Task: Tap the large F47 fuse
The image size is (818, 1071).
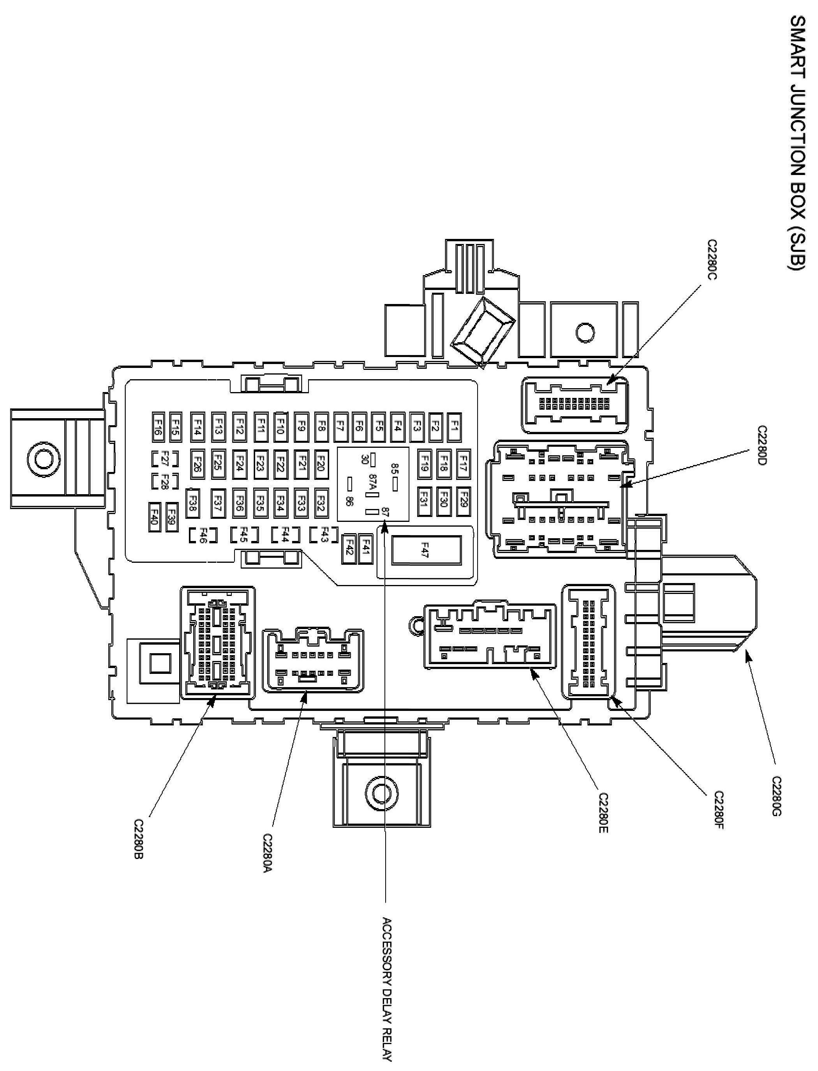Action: pyautogui.click(x=426, y=550)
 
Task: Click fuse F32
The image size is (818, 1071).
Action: pyautogui.click(x=321, y=502)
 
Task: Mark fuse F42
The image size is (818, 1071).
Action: pyautogui.click(x=349, y=550)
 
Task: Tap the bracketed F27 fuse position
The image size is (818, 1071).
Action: pyautogui.click(x=164, y=458)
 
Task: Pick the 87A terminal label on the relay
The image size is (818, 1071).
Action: pyautogui.click(x=373, y=484)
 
